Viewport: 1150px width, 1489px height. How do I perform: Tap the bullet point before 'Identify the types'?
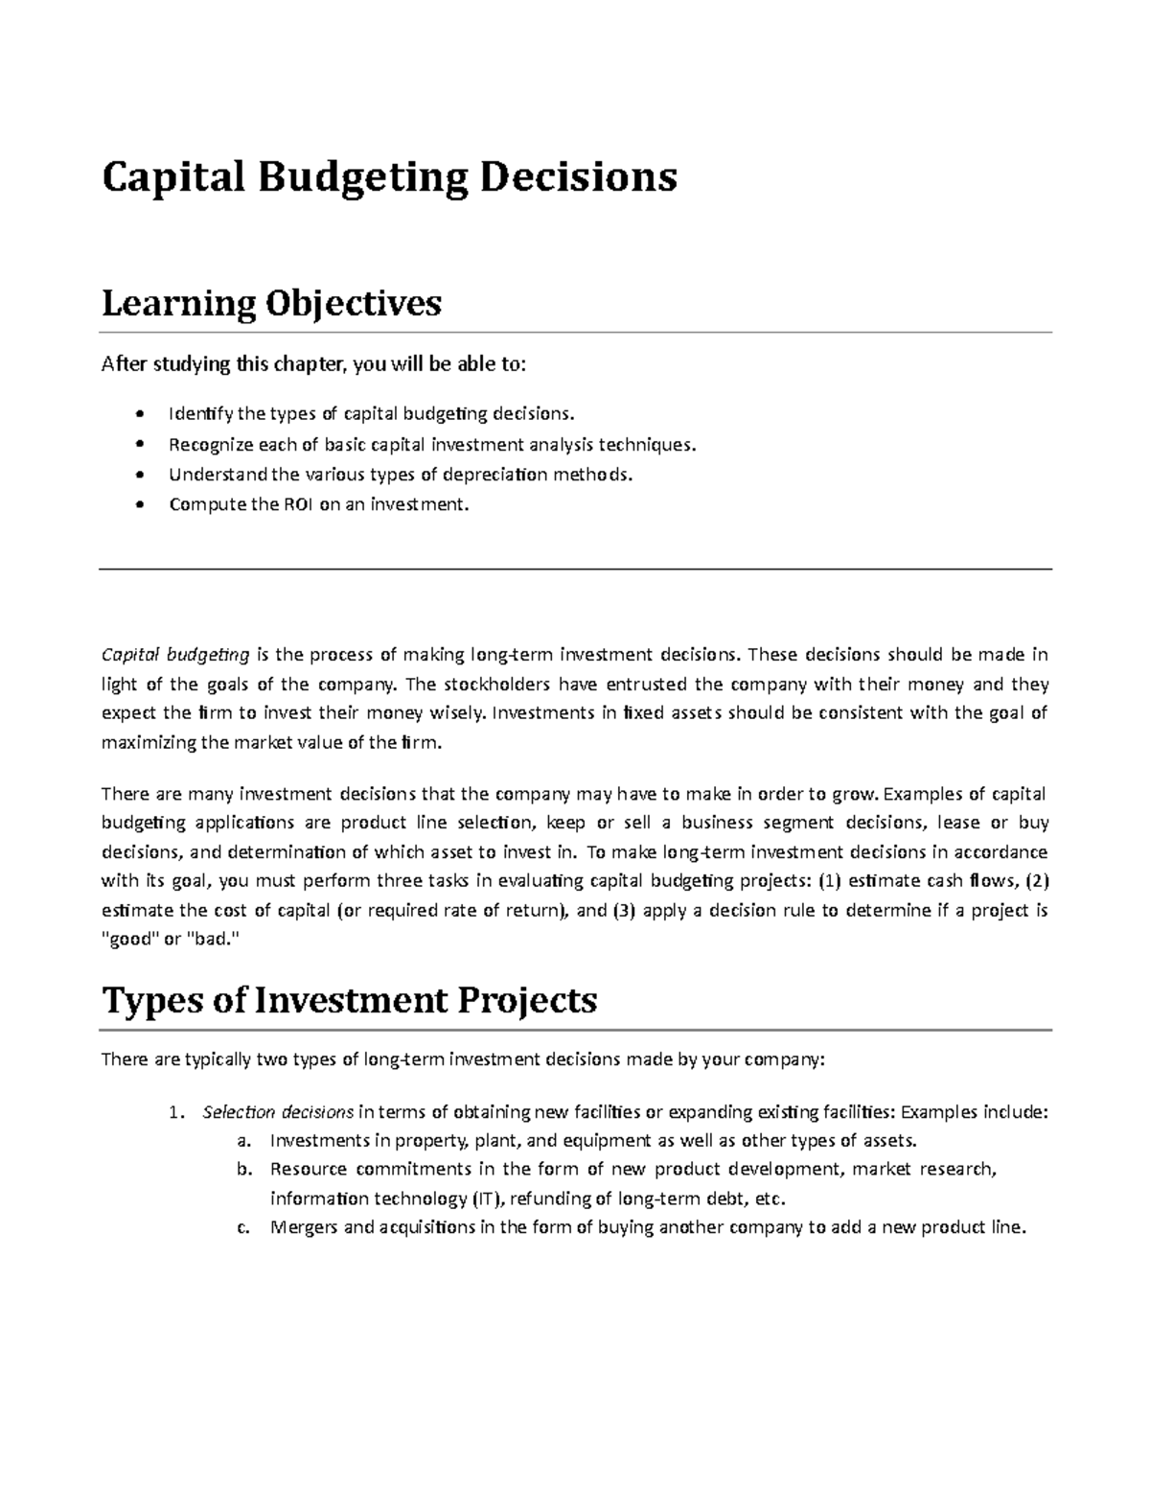[142, 415]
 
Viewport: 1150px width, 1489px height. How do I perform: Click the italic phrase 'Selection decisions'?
[278, 1112]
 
